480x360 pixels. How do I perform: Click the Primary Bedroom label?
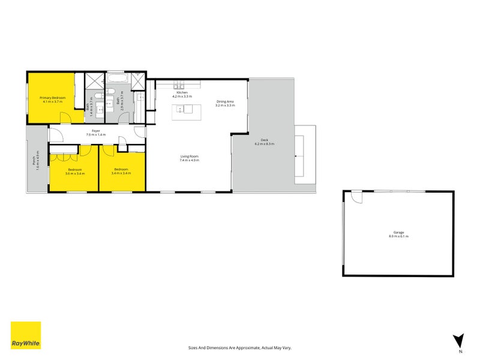coord(52,98)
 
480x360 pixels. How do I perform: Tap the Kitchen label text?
coord(181,92)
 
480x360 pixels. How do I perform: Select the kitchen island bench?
coord(184,110)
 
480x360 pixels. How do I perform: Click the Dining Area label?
coord(225,101)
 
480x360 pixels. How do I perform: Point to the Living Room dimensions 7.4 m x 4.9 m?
coord(190,161)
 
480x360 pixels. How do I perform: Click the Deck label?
coord(264,140)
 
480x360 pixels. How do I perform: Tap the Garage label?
coord(398,232)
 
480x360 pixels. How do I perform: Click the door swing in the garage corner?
coord(357,197)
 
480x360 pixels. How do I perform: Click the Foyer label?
coord(95,131)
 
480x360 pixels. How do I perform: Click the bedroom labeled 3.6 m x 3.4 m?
coord(74,170)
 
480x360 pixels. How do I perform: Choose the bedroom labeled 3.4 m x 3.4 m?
coord(122,170)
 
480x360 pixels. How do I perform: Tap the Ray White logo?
coord(26,335)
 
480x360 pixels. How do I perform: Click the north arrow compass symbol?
coord(459,340)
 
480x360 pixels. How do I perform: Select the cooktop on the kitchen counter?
coord(178,83)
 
